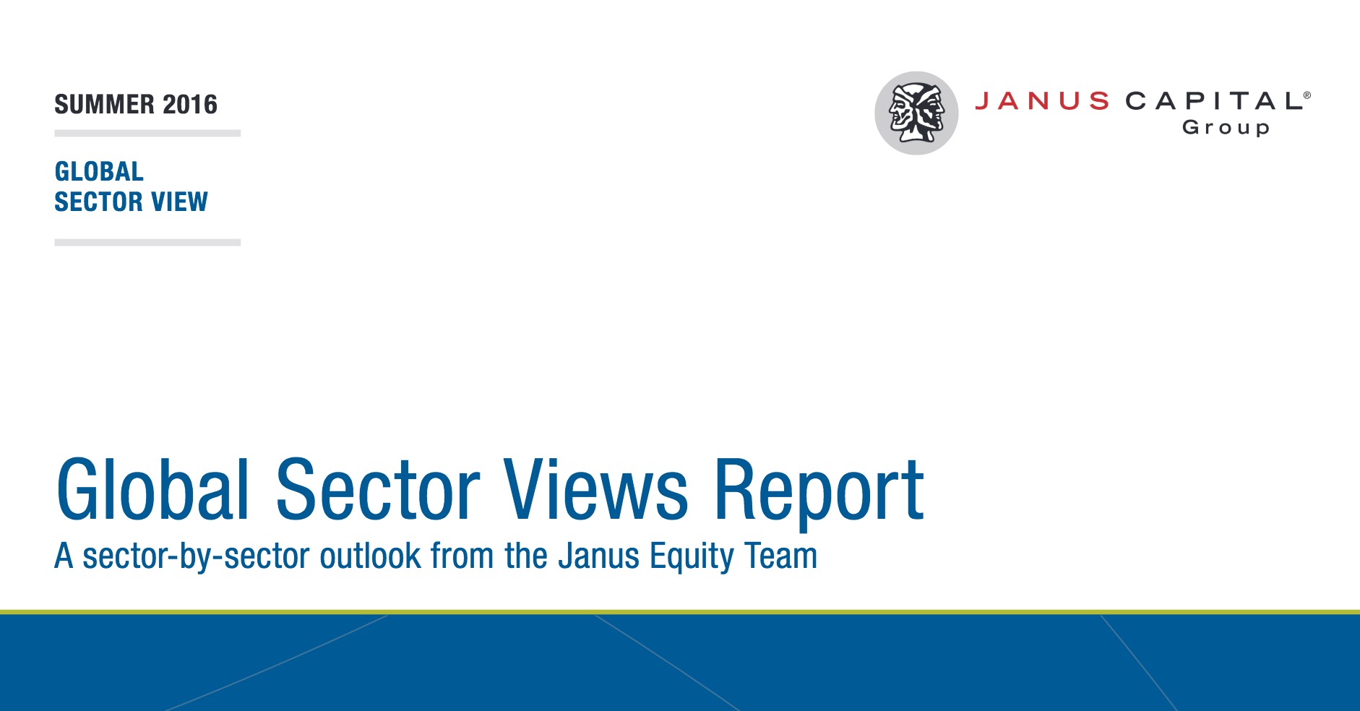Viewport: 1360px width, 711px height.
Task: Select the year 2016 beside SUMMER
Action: coord(190,105)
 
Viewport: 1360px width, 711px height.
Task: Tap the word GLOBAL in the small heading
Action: coord(99,171)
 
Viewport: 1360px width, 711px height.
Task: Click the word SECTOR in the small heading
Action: coord(99,202)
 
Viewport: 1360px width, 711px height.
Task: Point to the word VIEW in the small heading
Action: coord(179,202)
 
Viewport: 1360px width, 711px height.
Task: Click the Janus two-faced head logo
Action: coord(916,113)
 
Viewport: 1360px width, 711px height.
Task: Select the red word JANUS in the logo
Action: coord(1042,101)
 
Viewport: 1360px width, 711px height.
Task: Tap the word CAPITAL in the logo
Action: coord(1214,101)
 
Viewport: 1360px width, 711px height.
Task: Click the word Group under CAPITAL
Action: coord(1226,128)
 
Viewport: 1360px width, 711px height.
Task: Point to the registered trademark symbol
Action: coord(1307,95)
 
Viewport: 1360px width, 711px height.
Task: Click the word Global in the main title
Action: coord(153,489)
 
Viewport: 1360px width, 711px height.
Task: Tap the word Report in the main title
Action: coord(819,493)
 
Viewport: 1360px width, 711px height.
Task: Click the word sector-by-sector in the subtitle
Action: coord(197,557)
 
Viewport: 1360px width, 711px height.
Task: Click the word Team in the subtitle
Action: coord(781,556)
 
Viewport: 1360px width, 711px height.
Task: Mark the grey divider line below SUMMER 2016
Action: coord(147,134)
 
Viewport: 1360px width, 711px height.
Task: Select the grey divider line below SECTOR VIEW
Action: coord(147,243)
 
